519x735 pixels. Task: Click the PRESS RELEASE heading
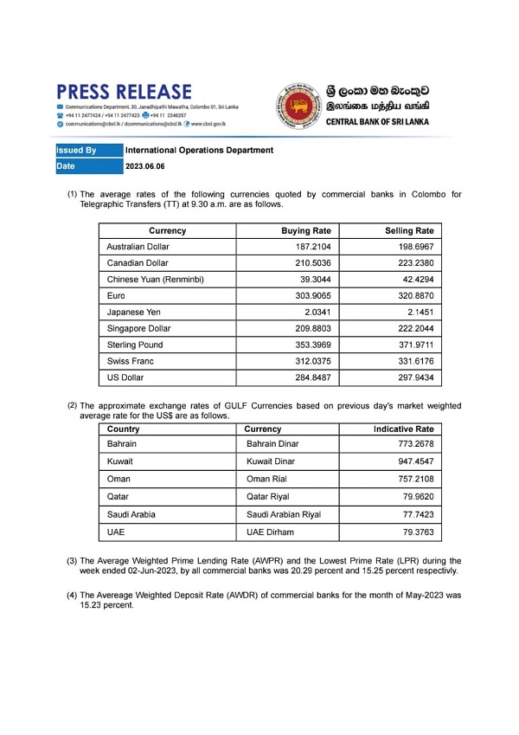coord(125,92)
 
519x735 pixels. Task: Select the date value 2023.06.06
coord(144,165)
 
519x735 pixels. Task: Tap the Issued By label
coord(76,150)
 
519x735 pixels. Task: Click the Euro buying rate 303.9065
coord(314,296)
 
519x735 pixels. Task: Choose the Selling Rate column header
coord(409,231)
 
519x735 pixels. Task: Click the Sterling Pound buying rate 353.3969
coord(314,345)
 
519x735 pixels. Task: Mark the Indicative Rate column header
coord(403,429)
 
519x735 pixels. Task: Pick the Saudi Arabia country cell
coord(131,514)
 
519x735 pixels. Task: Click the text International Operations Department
coord(199,150)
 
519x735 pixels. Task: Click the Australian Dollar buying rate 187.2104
coord(314,247)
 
